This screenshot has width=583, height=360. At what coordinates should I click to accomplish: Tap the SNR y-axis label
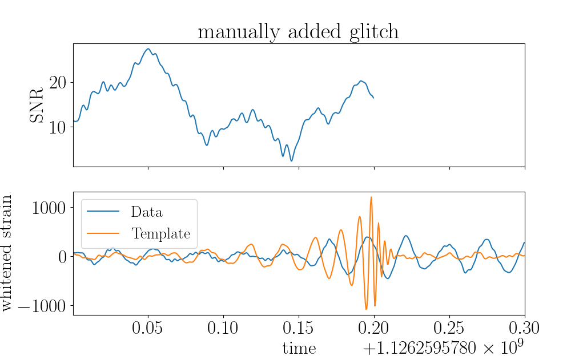[37, 106]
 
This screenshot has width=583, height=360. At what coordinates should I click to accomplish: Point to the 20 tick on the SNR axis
[58, 83]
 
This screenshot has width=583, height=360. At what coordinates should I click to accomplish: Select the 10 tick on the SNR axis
[58, 128]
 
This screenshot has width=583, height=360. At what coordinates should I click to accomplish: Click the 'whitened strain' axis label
[7, 253]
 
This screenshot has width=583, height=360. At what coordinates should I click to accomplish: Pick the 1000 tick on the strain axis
[49, 208]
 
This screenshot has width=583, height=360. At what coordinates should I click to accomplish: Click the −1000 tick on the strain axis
[42, 306]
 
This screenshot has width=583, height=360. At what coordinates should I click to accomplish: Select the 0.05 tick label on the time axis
[148, 328]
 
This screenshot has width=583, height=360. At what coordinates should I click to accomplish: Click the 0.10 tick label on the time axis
[223, 328]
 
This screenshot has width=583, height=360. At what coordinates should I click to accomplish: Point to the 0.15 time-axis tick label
[298, 328]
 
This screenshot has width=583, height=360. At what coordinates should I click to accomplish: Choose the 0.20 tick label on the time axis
[373, 328]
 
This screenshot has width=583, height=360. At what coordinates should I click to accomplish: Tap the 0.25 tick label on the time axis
[449, 328]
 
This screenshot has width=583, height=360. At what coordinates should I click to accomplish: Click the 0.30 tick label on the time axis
[524, 328]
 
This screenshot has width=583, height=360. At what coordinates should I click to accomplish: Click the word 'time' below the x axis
[299, 349]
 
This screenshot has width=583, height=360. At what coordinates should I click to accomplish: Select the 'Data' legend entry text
[147, 212]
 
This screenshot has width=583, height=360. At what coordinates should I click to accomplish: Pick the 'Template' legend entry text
[160, 234]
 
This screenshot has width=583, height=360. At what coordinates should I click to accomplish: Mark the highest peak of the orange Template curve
[371, 197]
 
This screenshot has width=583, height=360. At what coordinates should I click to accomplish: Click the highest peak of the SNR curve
[148, 48]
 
